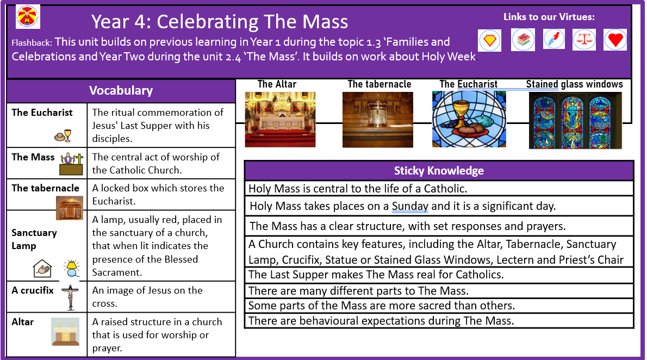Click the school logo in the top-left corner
[x=28, y=16]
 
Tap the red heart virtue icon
[x=615, y=40]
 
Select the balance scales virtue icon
[x=584, y=40]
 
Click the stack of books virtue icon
[x=523, y=40]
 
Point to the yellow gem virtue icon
[x=490, y=40]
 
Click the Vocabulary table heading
[x=121, y=90]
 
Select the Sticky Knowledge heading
[x=439, y=171]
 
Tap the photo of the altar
[x=280, y=119]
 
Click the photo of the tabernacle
[x=377, y=119]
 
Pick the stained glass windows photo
[x=575, y=120]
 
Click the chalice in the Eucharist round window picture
[x=460, y=112]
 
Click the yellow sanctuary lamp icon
[x=72, y=268]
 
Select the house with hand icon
[x=42, y=268]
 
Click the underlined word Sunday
[x=410, y=206]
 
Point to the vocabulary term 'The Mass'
[x=33, y=157]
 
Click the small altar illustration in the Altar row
[x=65, y=332]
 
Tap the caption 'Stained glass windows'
[x=574, y=84]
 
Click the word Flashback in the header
[x=32, y=42]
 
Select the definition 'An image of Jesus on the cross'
[x=147, y=297]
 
